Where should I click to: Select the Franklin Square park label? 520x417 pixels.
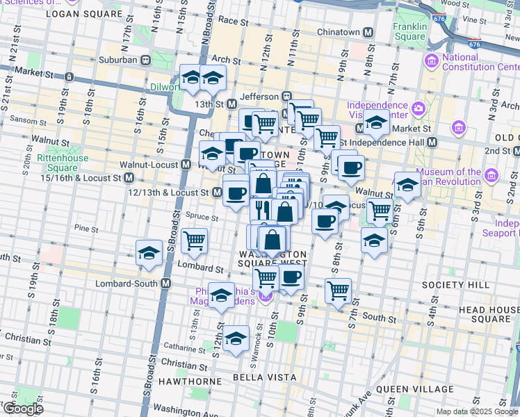coord(409,32)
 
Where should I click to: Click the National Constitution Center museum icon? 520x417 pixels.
coord(432,60)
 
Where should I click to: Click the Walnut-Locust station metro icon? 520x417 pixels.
coord(186,165)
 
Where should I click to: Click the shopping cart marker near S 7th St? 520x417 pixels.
coord(338,291)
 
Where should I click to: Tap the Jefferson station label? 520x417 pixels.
coord(259,97)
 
